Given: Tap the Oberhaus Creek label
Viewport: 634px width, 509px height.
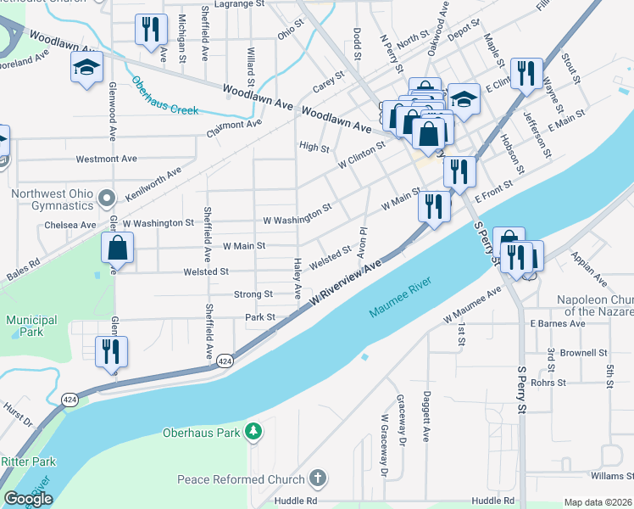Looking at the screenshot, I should [x=165, y=96].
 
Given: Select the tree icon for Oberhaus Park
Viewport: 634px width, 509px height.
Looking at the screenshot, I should [x=253, y=433].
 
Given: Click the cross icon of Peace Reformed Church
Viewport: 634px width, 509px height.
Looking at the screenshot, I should [x=318, y=479].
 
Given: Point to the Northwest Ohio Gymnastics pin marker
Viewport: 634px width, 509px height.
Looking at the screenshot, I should [x=106, y=199].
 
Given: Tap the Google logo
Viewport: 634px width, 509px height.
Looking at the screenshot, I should [x=28, y=499].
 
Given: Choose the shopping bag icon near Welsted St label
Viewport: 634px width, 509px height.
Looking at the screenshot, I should [x=118, y=248].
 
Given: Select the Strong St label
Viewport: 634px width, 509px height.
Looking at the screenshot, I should [x=253, y=294].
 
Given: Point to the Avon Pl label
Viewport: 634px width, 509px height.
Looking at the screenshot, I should [x=362, y=243].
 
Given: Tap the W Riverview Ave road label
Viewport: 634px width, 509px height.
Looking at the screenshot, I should [x=346, y=285].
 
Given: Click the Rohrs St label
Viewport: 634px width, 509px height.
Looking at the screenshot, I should [x=548, y=383].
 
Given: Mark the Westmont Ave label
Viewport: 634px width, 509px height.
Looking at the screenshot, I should [x=106, y=159].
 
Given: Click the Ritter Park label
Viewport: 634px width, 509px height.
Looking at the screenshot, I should [x=28, y=461].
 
